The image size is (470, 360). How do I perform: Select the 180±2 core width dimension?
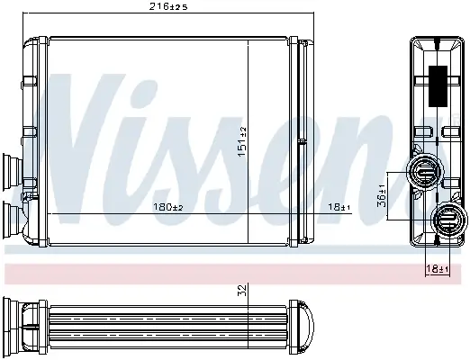click(168, 208)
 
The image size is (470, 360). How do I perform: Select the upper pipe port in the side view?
click(424, 170)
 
